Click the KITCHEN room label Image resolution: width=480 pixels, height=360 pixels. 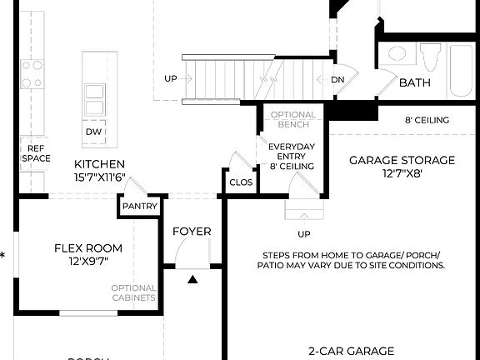pos(99,164)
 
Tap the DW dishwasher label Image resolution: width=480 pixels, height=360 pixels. pos(93,132)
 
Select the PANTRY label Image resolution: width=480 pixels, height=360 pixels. pos(140,206)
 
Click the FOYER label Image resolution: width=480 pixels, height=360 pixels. pos(192,231)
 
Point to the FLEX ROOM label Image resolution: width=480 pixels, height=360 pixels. pos(87,247)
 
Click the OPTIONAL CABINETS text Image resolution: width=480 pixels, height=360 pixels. pos(133,292)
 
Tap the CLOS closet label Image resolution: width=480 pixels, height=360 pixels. pos(240,181)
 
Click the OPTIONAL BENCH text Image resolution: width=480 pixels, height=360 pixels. pos(293,119)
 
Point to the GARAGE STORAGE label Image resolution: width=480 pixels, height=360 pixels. pos(402,160)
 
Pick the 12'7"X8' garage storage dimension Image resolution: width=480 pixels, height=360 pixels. pos(402,174)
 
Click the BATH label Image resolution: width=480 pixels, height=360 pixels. pos(414,82)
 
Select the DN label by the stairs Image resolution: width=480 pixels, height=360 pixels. pos(337,80)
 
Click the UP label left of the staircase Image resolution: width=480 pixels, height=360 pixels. pos(170,79)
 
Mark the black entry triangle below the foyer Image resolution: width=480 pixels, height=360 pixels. pos(192,281)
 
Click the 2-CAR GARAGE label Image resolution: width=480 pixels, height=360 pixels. pos(351,351)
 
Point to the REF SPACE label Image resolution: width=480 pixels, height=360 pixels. pos(35,152)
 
